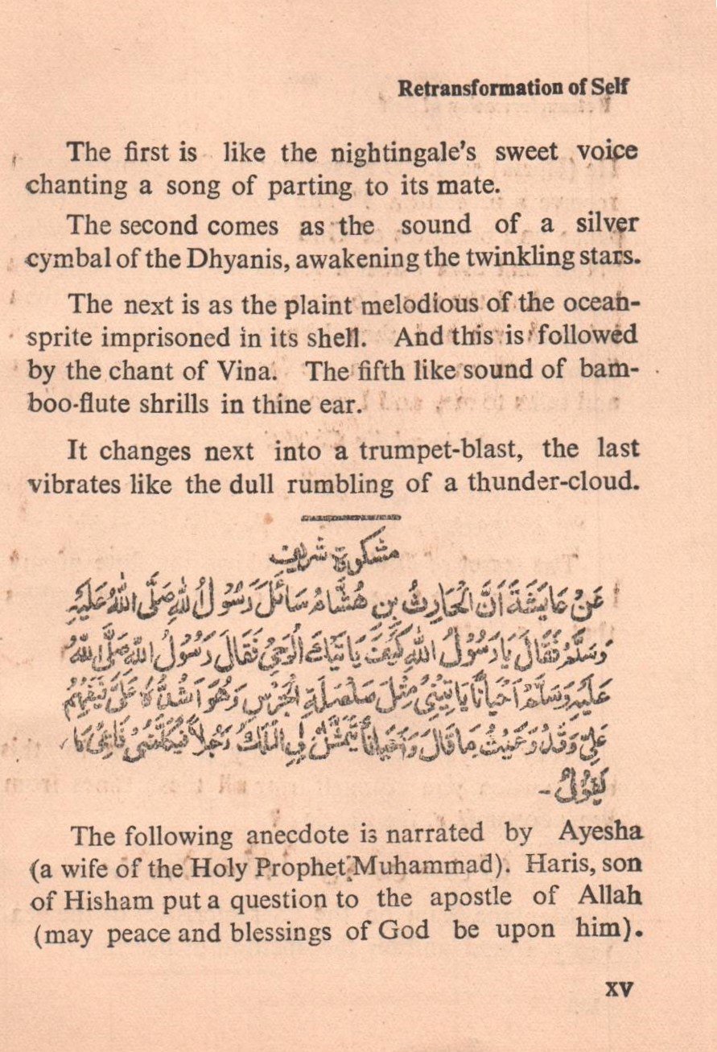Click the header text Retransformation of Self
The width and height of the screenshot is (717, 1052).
coord(513,89)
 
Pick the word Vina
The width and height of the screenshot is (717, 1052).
coord(245,371)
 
